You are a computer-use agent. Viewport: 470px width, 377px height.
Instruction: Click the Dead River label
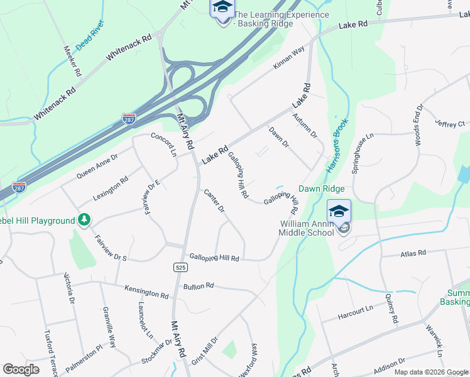[x=90, y=42]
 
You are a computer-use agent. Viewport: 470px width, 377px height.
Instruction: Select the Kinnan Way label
[x=288, y=57]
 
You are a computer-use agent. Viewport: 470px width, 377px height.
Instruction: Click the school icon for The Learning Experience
[x=222, y=9]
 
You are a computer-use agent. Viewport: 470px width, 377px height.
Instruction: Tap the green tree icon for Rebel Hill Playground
[x=83, y=220]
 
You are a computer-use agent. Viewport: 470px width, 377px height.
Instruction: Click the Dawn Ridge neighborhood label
[x=321, y=188]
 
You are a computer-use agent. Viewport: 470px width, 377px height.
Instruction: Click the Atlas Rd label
[x=413, y=253]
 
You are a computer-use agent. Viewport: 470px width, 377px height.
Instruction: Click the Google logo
[x=21, y=369]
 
